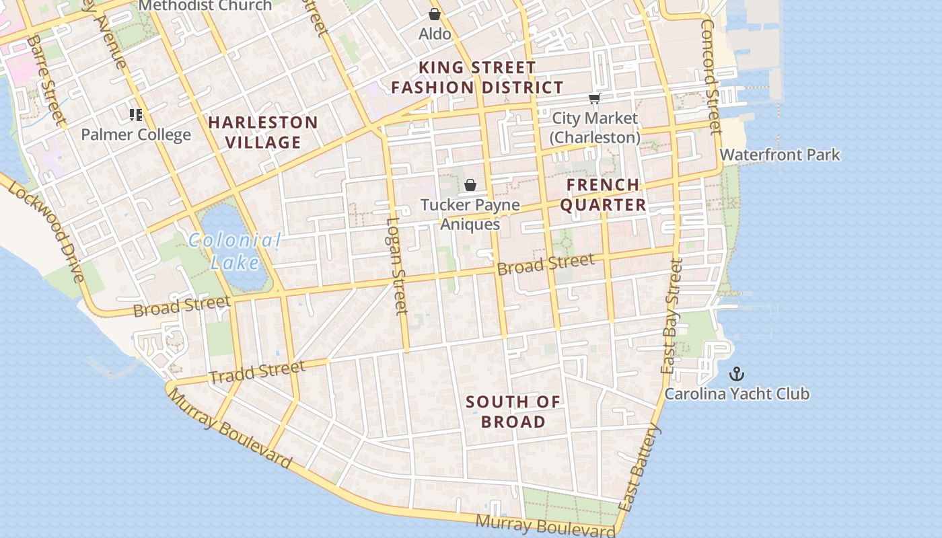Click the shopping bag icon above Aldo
(x=435, y=13)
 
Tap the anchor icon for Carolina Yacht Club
(x=737, y=373)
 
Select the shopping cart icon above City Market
(x=594, y=99)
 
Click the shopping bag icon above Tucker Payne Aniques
(x=470, y=185)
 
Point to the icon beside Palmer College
(x=136, y=115)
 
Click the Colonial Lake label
(x=234, y=251)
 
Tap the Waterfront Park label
(x=780, y=155)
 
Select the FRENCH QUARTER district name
(x=603, y=194)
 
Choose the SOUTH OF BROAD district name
(x=513, y=412)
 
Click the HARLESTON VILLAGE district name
(x=262, y=132)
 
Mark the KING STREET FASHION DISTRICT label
(x=477, y=77)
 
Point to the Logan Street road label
(x=397, y=265)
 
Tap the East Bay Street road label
(x=672, y=316)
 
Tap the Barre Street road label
(x=46, y=81)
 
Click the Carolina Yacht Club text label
(x=737, y=393)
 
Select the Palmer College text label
(x=136, y=134)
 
